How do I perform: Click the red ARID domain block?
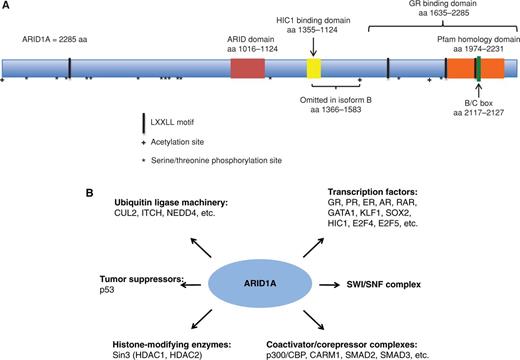pos(248,68)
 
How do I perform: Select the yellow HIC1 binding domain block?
pos(313,68)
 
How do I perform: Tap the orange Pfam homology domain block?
pos(467,68)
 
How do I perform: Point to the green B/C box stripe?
pos(479,68)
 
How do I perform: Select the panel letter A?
pos(6,6)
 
